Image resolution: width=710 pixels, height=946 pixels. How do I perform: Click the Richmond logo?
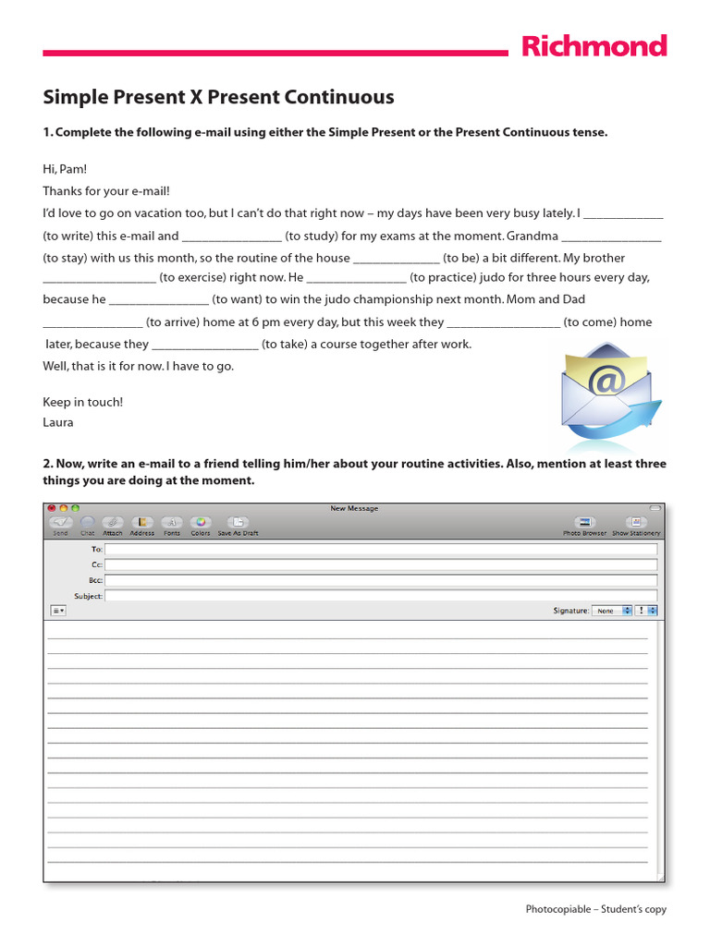pos(594,46)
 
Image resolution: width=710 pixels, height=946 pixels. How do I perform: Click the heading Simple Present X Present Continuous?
pos(218,97)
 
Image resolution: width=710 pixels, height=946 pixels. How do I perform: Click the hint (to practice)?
pos(444,277)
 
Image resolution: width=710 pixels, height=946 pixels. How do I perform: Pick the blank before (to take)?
pos(204,345)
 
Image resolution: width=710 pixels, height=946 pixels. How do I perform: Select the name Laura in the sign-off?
pos(58,422)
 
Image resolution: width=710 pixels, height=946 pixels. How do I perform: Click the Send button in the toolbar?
pos(60,524)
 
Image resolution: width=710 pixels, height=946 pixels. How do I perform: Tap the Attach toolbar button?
pos(113,524)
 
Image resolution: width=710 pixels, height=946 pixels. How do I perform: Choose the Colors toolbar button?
pos(201,524)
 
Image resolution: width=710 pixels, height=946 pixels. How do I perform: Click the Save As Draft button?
pos(238,524)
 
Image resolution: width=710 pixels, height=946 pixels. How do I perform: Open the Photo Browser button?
pos(584,524)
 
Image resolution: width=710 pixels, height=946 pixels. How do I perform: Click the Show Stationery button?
pos(636,524)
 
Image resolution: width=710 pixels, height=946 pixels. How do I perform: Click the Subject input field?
pos(381,596)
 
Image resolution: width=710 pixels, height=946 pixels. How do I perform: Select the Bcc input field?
pos(381,580)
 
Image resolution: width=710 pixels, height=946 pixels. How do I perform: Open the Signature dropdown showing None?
pos(613,611)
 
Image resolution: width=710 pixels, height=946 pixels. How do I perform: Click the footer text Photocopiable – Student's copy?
pos(595,910)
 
